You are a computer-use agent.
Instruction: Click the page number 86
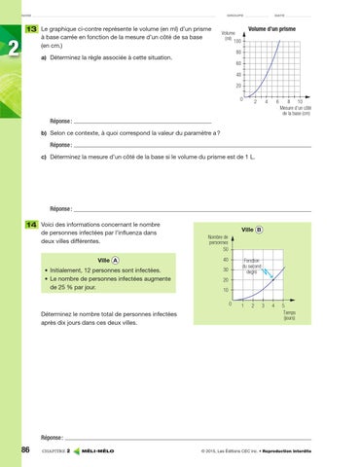(19, 449)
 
